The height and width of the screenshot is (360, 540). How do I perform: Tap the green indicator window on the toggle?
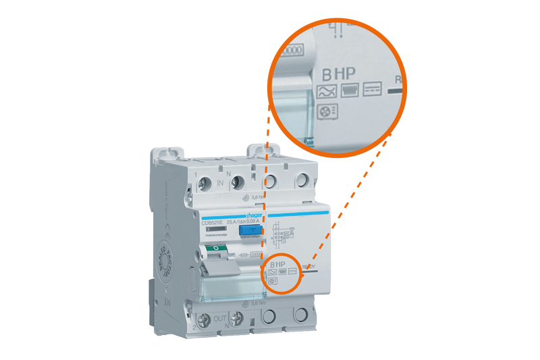click(x=215, y=249)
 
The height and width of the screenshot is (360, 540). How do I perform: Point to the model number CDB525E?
click(x=213, y=222)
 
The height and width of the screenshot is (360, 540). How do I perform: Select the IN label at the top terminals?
click(x=221, y=182)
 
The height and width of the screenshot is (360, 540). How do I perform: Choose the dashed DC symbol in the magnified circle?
click(x=373, y=90)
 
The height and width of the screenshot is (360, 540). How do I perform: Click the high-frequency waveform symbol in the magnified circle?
click(x=350, y=91)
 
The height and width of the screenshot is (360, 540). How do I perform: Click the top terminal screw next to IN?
click(x=205, y=182)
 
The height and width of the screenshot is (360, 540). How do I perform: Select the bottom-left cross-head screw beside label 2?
click(x=204, y=320)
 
